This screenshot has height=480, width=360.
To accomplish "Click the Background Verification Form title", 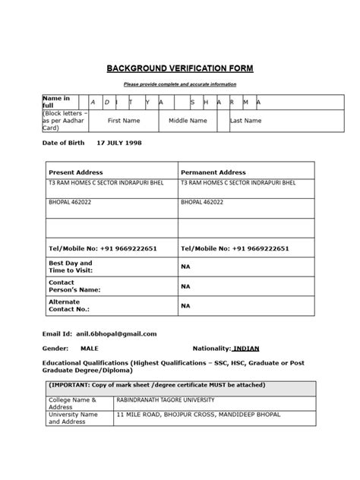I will tap(179, 68).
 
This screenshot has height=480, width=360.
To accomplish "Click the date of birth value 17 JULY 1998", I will tap(118, 143).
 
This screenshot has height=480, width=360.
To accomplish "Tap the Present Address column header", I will tap(75, 172).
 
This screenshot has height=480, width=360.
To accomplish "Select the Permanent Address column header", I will tap(214, 172).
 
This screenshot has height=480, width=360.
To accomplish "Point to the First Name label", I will tap(124, 121).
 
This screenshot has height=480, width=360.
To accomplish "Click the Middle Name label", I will tap(188, 121).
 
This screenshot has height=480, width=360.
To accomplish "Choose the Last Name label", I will tap(245, 121).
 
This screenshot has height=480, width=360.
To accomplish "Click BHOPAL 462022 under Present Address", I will tap(69, 204).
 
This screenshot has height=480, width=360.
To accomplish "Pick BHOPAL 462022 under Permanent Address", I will tap(202, 204).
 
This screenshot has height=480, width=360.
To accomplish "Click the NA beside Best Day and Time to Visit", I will tap(186, 267).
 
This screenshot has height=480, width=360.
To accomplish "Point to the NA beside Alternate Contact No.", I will tap(186, 305).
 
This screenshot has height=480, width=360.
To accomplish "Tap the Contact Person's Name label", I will tap(74, 286).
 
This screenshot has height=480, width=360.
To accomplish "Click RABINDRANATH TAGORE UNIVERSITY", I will tap(165, 399).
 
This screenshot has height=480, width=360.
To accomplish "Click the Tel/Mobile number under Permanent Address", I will tap(235, 249).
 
